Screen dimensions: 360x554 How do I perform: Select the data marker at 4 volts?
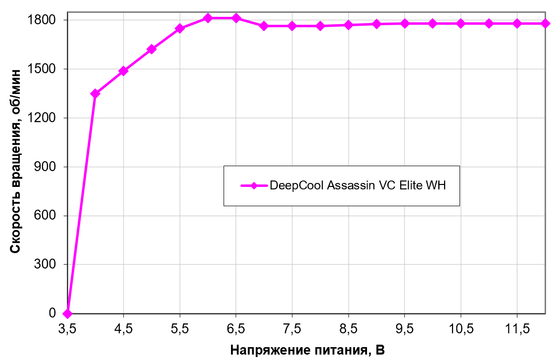click(95, 93)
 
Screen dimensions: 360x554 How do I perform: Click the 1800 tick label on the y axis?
click(47, 20)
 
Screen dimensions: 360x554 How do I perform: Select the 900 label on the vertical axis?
click(51, 167)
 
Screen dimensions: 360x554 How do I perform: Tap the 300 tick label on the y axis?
click(51, 265)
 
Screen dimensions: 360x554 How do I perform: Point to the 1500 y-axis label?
click(47, 69)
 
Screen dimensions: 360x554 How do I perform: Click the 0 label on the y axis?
click(59, 314)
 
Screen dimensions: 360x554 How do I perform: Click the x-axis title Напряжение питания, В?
click(307, 350)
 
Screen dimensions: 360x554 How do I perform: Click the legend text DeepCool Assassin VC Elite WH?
click(358, 186)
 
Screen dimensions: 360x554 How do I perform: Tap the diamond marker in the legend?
click(254, 186)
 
